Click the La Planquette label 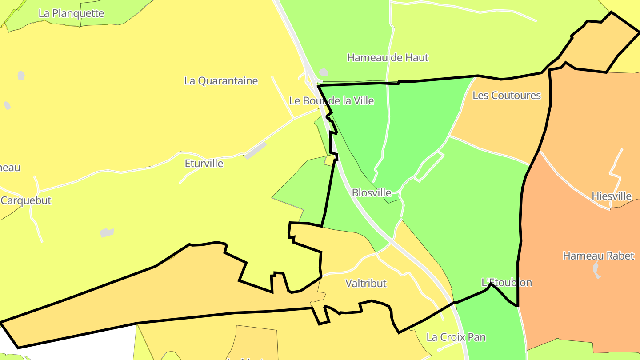click(x=71, y=13)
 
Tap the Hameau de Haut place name click(x=388, y=57)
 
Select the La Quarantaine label click(x=221, y=81)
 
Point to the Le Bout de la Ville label click(x=332, y=101)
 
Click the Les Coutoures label click(x=507, y=96)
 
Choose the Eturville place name click(x=204, y=164)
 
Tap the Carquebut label click(x=26, y=200)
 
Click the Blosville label click(x=372, y=193)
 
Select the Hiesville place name click(x=612, y=196)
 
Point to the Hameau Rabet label click(x=598, y=256)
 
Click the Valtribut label click(x=366, y=284)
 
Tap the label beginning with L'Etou click(x=507, y=283)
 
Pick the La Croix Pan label click(x=456, y=337)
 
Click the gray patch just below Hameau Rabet click(x=597, y=270)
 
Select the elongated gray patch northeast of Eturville click(x=256, y=151)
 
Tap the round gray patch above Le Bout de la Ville click(x=324, y=72)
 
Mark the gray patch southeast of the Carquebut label click(x=107, y=232)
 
